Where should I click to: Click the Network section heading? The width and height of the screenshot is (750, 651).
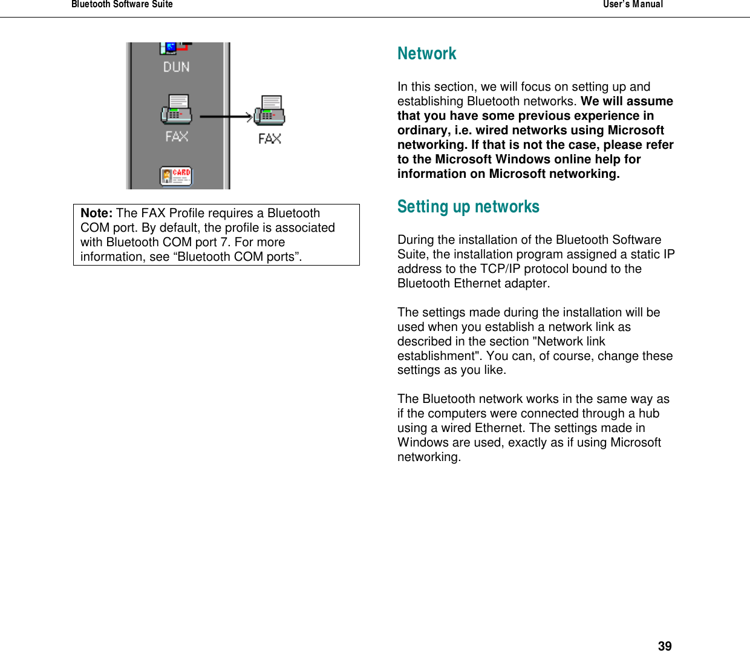tap(426, 54)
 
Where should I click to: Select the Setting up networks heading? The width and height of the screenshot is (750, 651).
tap(468, 207)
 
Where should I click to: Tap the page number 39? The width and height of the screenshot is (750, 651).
tap(664, 646)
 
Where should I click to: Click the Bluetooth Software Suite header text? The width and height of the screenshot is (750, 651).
tap(122, 5)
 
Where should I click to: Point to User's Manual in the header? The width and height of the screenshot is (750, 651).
tap(633, 5)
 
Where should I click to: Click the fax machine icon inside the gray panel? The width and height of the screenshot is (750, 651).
tap(176, 110)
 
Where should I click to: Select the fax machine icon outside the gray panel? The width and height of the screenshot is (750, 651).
tap(270, 111)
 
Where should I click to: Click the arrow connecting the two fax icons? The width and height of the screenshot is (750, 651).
tap(226, 117)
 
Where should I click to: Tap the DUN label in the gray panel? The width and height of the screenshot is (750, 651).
tap(176, 67)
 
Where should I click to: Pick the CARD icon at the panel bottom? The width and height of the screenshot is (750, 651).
tap(176, 176)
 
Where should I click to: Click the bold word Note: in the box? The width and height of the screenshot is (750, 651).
tap(96, 213)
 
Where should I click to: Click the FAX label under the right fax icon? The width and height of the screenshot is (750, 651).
tap(270, 139)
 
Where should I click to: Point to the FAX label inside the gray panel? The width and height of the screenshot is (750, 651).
tap(177, 137)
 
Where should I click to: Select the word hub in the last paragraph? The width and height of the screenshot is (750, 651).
tap(649, 413)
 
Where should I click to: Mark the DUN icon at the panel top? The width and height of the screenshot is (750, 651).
tap(175, 47)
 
